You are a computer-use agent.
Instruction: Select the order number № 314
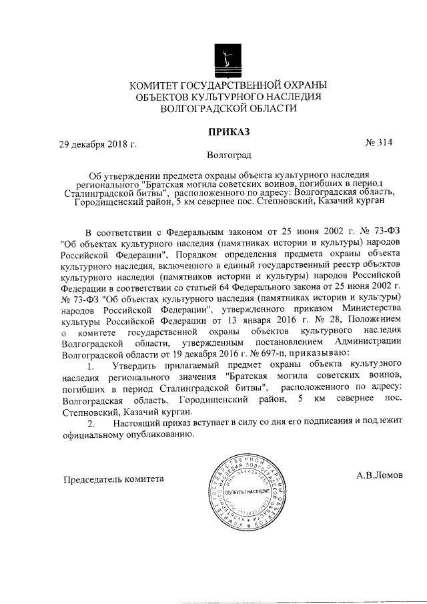pos(380,142)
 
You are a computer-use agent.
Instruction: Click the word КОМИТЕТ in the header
pos(156,85)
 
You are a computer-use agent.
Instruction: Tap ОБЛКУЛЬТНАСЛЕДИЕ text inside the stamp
pos(245,492)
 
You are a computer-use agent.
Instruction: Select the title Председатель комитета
pos(113,479)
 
